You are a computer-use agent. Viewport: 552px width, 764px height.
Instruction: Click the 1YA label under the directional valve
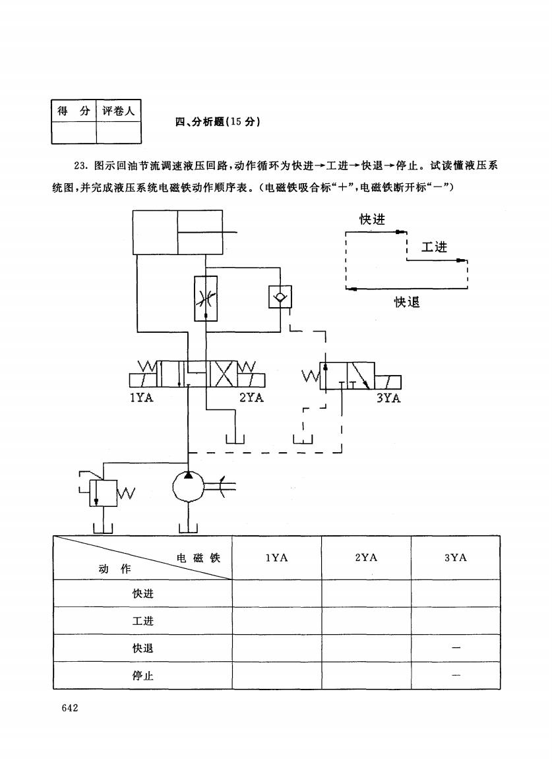[x=141, y=398]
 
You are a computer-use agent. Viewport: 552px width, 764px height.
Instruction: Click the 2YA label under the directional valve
[x=252, y=398]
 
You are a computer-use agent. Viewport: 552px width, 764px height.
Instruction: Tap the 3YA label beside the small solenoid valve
[x=388, y=398]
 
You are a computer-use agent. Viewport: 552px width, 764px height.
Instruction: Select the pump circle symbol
[x=188, y=486]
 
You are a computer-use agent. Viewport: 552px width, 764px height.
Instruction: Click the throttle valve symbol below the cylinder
[x=206, y=299]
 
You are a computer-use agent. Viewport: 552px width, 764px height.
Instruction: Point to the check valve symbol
[x=280, y=297]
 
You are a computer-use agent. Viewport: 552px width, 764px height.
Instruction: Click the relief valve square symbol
[x=104, y=492]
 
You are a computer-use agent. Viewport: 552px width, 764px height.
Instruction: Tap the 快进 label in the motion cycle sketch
[x=372, y=220]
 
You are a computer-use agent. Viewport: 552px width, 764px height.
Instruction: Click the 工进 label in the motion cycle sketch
[x=434, y=247]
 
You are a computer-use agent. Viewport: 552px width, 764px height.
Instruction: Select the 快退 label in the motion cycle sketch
[x=407, y=302]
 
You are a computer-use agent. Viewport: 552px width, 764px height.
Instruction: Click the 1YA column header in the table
[x=276, y=558]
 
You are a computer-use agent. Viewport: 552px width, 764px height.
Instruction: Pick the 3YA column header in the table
[x=456, y=558]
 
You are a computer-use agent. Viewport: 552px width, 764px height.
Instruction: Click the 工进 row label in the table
[x=143, y=621]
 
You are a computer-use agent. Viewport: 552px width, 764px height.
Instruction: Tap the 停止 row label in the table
[x=143, y=675]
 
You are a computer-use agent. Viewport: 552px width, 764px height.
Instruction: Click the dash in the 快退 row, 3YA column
[x=456, y=648]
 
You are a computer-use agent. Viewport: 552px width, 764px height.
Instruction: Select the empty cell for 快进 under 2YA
[x=366, y=593]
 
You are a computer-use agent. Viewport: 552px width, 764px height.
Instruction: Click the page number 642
[x=70, y=708]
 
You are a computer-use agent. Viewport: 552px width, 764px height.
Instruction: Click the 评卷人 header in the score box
[x=119, y=111]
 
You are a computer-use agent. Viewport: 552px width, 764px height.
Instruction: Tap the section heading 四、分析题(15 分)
[x=218, y=122]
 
